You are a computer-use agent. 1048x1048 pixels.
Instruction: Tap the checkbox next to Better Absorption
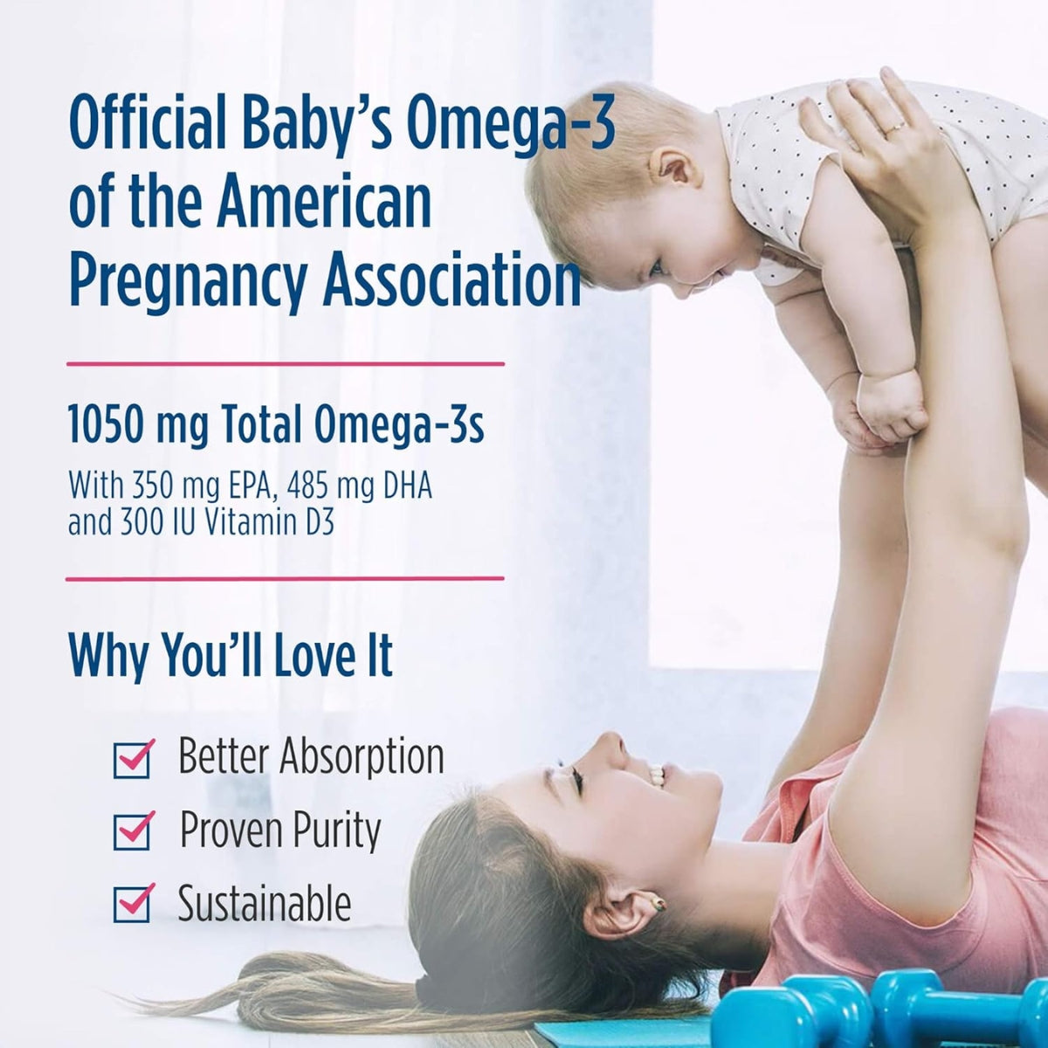click(x=133, y=758)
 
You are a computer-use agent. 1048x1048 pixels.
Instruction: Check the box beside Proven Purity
click(x=133, y=831)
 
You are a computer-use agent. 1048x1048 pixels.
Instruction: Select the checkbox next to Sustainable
click(x=133, y=904)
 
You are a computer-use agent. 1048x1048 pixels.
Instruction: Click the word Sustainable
click(x=265, y=904)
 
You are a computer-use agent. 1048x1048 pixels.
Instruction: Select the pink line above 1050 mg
click(x=285, y=362)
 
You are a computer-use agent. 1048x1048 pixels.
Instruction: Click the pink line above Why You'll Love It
click(x=285, y=578)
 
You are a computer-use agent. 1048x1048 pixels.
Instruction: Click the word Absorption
click(x=362, y=756)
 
